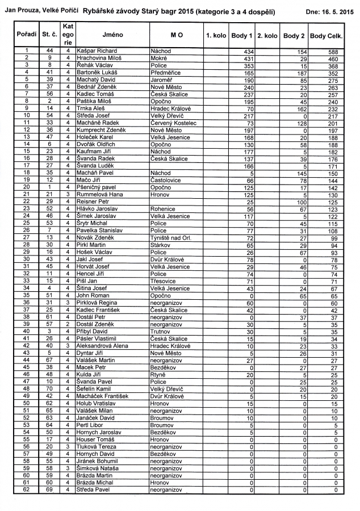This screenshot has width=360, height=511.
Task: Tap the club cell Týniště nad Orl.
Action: click(173, 237)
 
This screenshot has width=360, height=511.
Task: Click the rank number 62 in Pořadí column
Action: click(27, 489)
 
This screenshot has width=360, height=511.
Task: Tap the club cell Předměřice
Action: click(166, 73)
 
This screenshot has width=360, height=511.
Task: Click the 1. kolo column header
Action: click(215, 35)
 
